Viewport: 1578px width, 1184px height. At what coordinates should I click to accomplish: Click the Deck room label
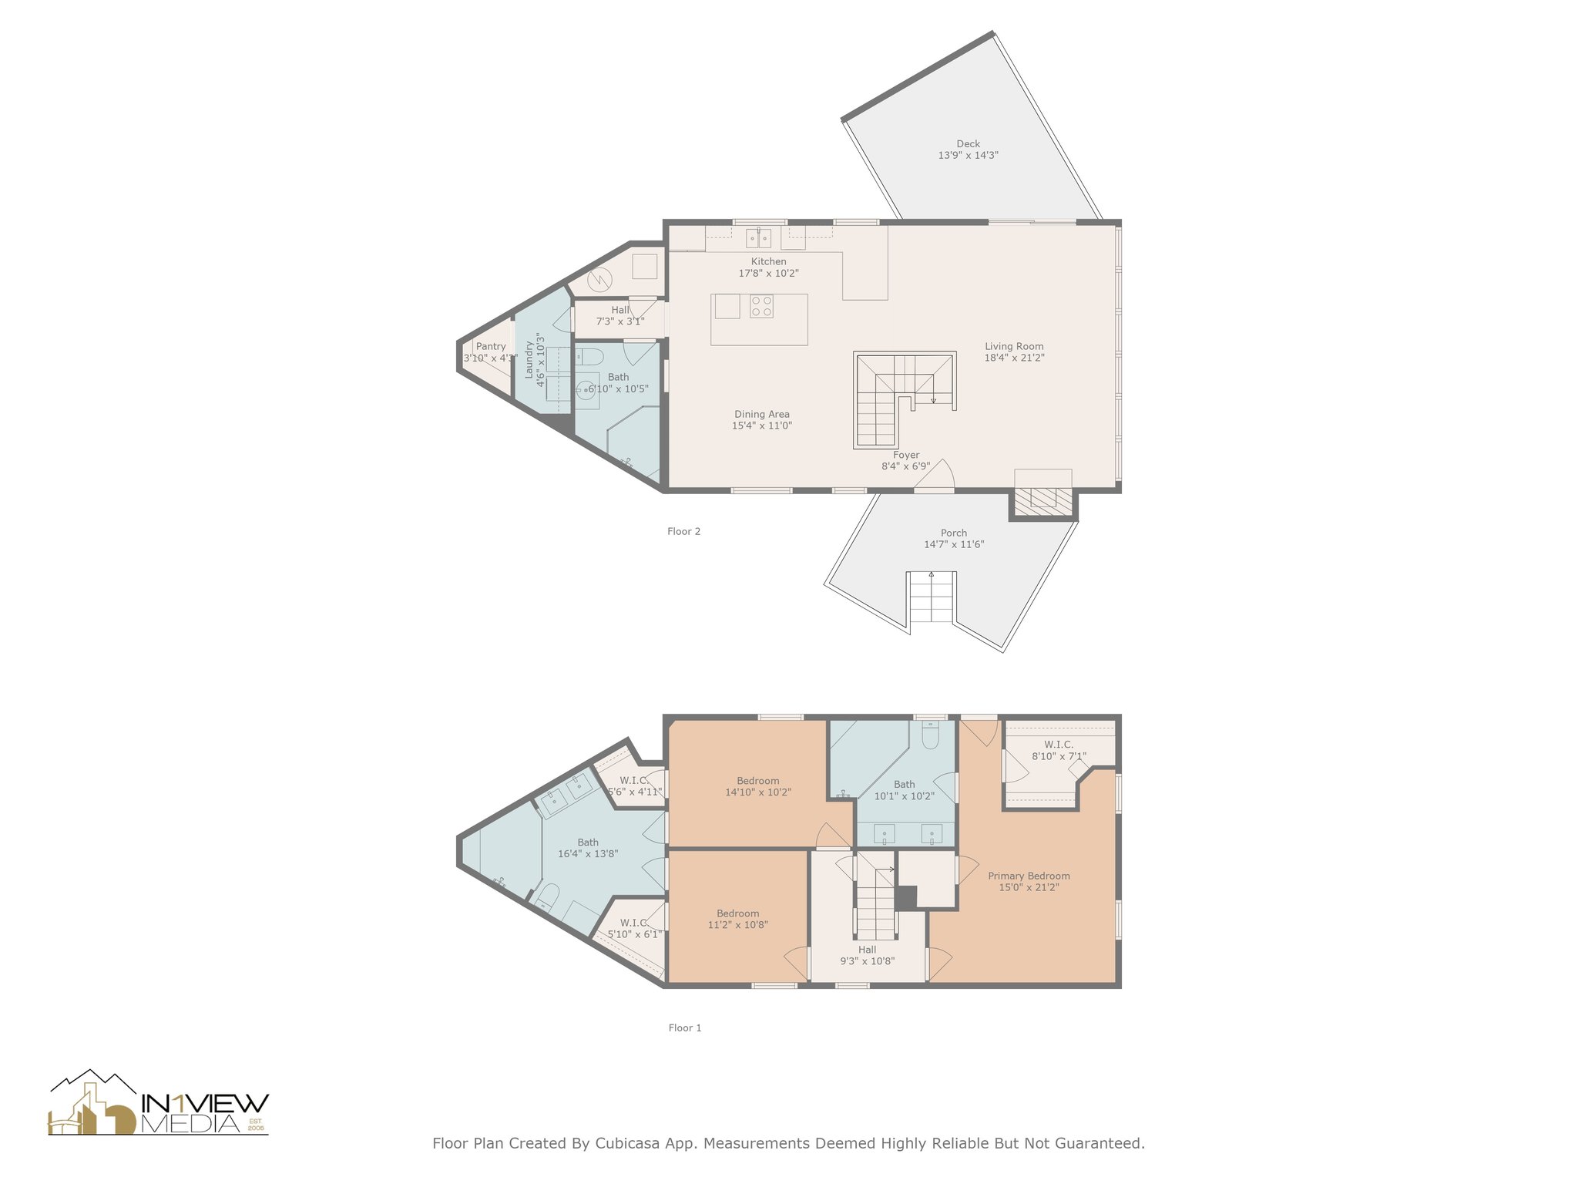(968, 150)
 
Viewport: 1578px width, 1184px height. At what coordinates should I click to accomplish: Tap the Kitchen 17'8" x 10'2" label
(768, 267)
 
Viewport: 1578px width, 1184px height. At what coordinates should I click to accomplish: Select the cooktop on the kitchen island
(761, 306)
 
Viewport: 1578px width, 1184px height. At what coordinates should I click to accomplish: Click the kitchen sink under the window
(758, 237)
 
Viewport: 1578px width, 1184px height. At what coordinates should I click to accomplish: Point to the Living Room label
(1014, 352)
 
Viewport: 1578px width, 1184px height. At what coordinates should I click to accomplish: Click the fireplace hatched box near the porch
(1042, 502)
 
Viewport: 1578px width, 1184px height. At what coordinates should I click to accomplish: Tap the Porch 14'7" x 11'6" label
(954, 539)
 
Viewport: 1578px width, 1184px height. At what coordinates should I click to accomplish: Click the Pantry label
(490, 352)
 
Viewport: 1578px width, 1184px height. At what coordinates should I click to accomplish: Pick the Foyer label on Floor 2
(906, 461)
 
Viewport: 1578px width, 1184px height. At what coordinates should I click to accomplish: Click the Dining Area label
(761, 420)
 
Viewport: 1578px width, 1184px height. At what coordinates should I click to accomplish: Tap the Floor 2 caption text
(683, 531)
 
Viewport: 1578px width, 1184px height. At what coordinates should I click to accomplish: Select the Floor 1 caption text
(684, 1028)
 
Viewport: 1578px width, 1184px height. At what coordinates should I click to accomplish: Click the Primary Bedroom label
(1029, 881)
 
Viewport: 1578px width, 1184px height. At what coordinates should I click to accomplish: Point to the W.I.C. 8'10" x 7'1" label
(1059, 750)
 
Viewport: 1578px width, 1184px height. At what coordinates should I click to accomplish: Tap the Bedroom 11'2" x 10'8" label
(737, 919)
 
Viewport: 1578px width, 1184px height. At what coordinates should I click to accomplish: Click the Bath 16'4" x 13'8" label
(588, 848)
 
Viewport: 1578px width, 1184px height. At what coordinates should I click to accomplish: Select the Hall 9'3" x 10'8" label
(867, 955)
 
